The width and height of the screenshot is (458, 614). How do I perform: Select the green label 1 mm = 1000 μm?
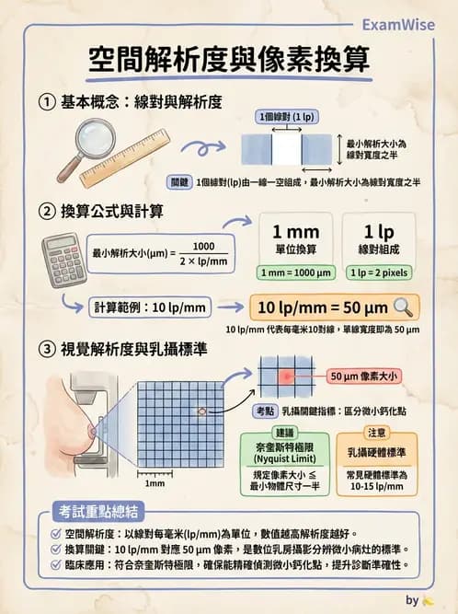pos(296,272)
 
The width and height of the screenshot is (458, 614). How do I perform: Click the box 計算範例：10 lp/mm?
pos(145,307)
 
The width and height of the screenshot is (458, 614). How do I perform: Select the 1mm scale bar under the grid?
pos(155,477)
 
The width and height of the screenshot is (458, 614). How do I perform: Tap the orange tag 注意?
pos(376,432)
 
